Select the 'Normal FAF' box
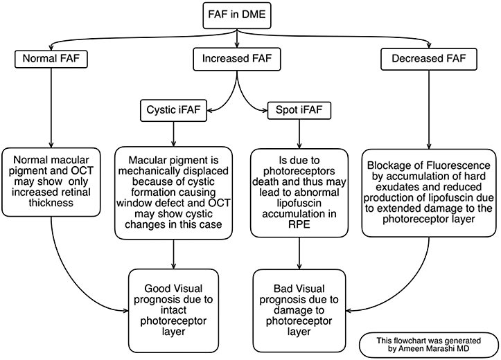52,60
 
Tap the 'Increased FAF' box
238,60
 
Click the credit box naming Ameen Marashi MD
428,345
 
